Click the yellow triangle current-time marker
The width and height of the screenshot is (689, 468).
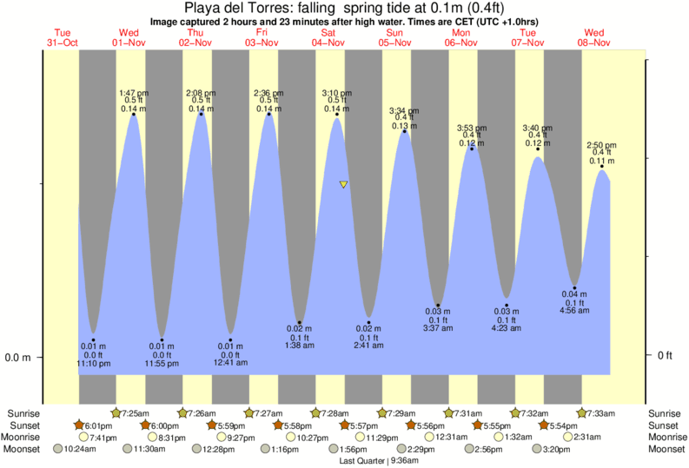pos(344,185)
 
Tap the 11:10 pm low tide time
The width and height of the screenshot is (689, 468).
pos(92,364)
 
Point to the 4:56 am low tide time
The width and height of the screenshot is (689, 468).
pos(574,311)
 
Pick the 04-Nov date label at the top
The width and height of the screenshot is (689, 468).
pos(328,43)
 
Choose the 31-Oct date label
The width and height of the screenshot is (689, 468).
pos(62,43)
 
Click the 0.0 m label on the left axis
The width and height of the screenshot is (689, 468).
pos(18,357)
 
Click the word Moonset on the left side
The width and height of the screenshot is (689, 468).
pos(24,450)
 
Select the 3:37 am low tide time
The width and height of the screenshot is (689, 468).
pos(438,328)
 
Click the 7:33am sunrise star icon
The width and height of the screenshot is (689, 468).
pos(581,412)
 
